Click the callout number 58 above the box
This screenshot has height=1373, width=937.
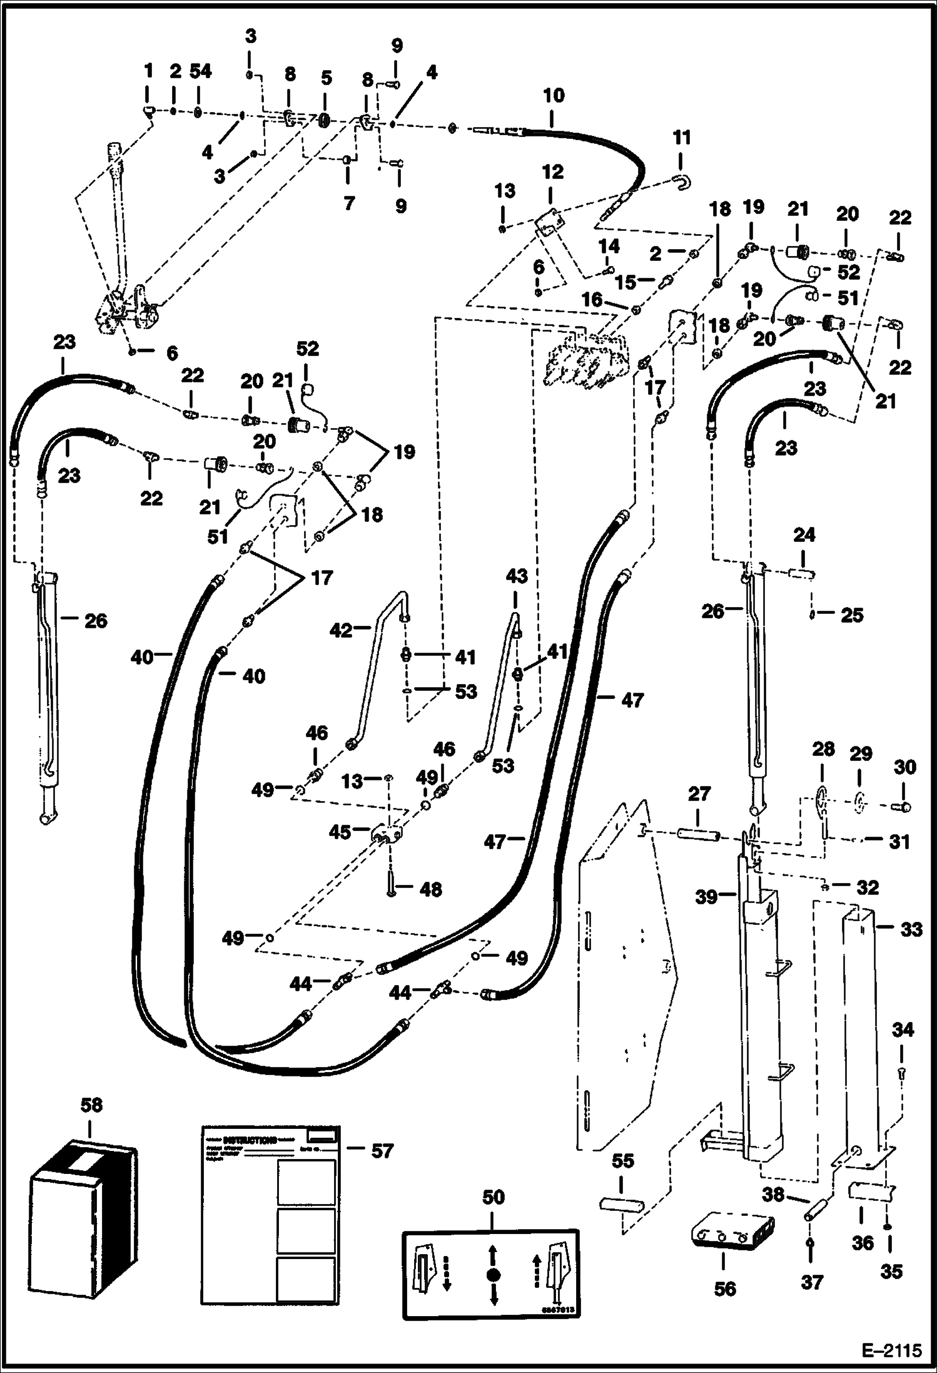coord(91,1105)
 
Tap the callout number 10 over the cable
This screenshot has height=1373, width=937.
coord(553,96)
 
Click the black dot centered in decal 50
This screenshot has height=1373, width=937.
coord(492,1275)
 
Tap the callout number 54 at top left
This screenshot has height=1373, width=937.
coord(201,71)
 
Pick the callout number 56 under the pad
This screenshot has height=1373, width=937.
coord(725,1289)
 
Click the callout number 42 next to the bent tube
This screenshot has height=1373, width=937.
coord(341,630)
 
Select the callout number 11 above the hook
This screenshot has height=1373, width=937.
coord(681,138)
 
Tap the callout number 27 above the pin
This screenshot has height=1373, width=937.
coord(699,794)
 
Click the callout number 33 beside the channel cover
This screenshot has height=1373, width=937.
coord(911,930)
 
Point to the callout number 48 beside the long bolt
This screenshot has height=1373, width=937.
coord(430,889)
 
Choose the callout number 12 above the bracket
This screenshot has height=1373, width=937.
coord(553,172)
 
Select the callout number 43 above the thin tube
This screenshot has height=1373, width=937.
coord(517,576)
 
